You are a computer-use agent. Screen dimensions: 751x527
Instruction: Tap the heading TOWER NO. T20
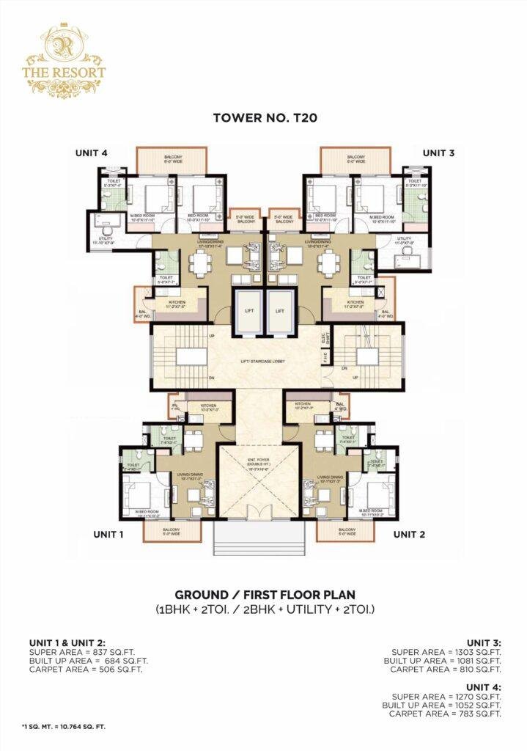tap(263, 117)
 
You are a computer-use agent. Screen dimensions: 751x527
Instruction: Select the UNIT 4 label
tap(91, 153)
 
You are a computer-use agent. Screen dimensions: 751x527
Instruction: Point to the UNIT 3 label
tap(438, 153)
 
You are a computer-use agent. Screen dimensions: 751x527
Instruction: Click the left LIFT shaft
tap(249, 311)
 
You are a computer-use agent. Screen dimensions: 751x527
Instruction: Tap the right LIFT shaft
tap(279, 311)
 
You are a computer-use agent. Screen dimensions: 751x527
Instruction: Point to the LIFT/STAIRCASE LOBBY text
tap(264, 362)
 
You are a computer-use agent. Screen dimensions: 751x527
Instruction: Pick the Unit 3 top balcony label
tap(356, 159)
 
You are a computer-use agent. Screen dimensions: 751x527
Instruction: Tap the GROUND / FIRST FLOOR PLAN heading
tap(263, 595)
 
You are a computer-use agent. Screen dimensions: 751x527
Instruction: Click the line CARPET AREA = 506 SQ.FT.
tap(85, 669)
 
